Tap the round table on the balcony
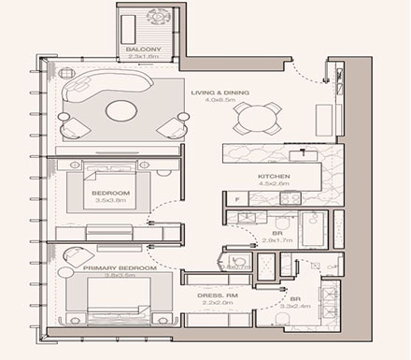click(x=152, y=18)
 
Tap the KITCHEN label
click(x=275, y=176)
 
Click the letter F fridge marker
click(x=238, y=200)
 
